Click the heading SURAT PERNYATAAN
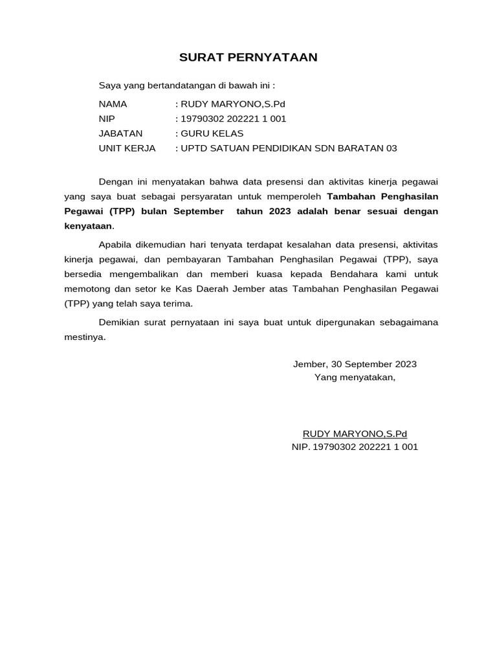pos(248,58)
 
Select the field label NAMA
pos(113,104)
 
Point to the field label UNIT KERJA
pos(127,148)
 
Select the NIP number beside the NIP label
pos(233,118)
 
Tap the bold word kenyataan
pos(88,226)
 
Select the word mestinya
pos(84,337)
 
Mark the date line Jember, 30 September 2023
pos(355,364)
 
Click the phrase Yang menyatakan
pos(355,377)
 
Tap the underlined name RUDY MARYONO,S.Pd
pos(355,434)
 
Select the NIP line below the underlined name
pos(355,447)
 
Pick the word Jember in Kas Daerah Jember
pos(239,289)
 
